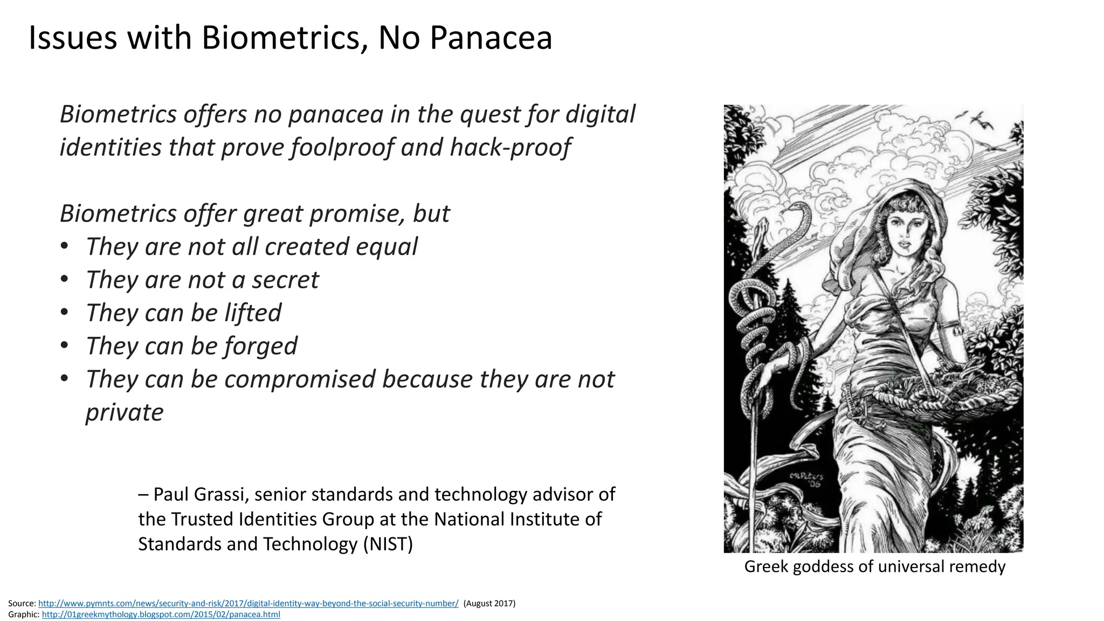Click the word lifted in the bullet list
coord(253,313)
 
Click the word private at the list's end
coord(125,412)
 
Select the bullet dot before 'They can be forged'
coord(65,346)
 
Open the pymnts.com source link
coord(248,603)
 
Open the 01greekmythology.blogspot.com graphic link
coord(161,615)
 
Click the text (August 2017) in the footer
coord(489,603)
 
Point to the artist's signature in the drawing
coord(807,479)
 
